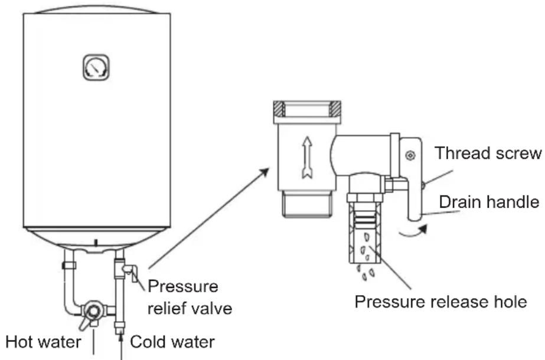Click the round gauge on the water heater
[x=96, y=67]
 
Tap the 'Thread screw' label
[x=488, y=153]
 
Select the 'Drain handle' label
[x=489, y=202]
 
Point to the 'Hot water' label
[x=44, y=342]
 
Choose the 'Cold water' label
[x=172, y=342]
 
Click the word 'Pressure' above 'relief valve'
[x=183, y=286]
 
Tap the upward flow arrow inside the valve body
[x=307, y=158]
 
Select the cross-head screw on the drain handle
[x=410, y=155]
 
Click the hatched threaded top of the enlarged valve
[x=307, y=109]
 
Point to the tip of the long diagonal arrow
[x=269, y=168]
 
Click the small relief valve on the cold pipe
[x=129, y=271]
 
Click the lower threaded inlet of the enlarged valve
[x=307, y=205]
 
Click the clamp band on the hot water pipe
[x=69, y=266]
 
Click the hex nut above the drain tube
[x=364, y=197]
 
